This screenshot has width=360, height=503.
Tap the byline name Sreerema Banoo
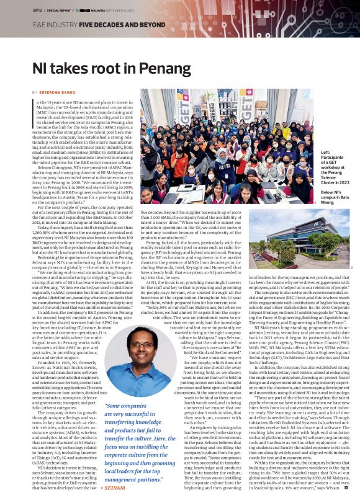coord(56,92)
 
